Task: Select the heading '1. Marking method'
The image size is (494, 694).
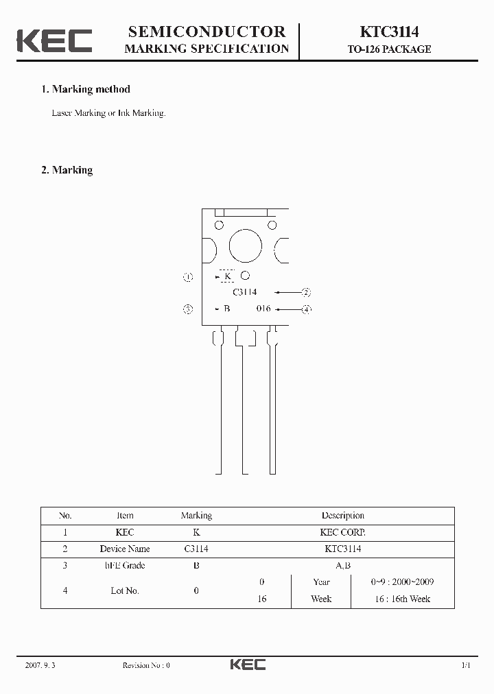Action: [86, 89]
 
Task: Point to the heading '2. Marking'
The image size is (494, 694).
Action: [67, 170]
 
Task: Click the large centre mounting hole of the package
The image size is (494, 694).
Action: [245, 246]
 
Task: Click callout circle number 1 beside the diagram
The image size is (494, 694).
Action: [188, 277]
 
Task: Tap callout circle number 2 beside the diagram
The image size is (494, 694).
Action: [307, 292]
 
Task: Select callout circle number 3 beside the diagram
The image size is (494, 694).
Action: [188, 309]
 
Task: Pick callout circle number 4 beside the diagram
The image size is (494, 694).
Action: [307, 309]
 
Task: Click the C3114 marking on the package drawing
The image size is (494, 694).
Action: [245, 292]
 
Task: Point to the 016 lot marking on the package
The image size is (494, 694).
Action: [263, 309]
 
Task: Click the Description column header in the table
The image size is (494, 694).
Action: [342, 516]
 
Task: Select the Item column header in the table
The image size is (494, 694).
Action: [125, 516]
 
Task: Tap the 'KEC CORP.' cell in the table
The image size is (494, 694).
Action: [342, 532]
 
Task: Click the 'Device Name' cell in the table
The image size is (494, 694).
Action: [125, 549]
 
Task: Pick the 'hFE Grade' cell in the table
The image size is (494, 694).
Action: [125, 566]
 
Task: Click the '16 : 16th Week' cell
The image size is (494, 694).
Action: [401, 599]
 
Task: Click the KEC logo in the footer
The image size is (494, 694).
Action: [248, 665]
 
